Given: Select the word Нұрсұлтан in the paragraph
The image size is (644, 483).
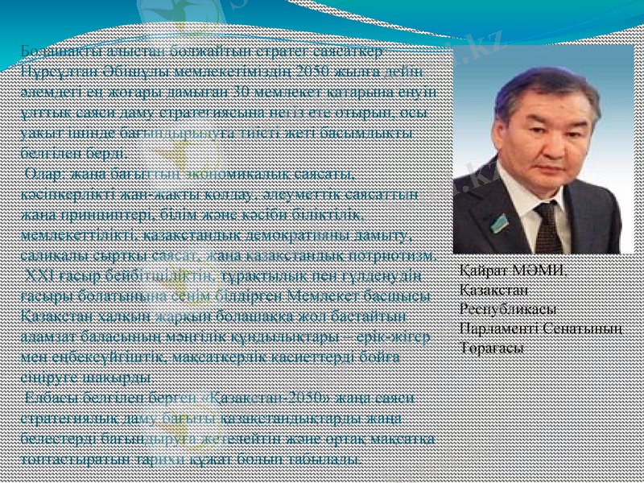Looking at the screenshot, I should (54, 69).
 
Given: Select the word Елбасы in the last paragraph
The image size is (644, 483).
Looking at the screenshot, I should (47, 398).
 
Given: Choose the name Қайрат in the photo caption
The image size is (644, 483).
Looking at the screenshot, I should (482, 271).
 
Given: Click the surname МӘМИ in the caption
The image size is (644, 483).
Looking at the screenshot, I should (537, 271).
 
